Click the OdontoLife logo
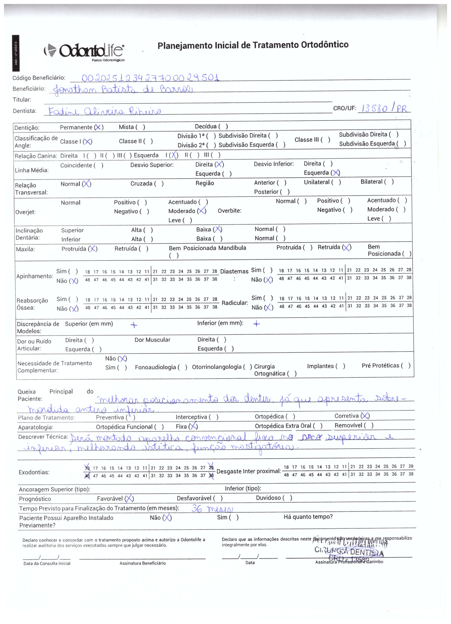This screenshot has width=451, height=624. point(85,51)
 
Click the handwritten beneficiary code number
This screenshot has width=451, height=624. point(150,78)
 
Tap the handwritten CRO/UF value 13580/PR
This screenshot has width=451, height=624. point(384,108)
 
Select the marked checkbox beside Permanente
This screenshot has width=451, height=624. point(98,127)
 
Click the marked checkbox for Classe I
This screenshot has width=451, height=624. point(88,142)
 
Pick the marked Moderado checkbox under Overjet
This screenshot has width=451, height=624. point(202,211)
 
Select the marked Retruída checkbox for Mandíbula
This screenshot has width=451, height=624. point(347,247)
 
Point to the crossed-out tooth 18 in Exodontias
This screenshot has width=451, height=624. point(87,468)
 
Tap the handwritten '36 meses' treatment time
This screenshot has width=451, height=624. point(212,508)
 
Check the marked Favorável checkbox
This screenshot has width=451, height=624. point(129,499)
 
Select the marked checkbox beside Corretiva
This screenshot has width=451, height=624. point(365,416)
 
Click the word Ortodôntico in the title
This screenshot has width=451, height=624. point(324,45)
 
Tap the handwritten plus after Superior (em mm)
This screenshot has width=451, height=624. point(134,325)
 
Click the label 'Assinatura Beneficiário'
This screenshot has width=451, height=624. point(142,563)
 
